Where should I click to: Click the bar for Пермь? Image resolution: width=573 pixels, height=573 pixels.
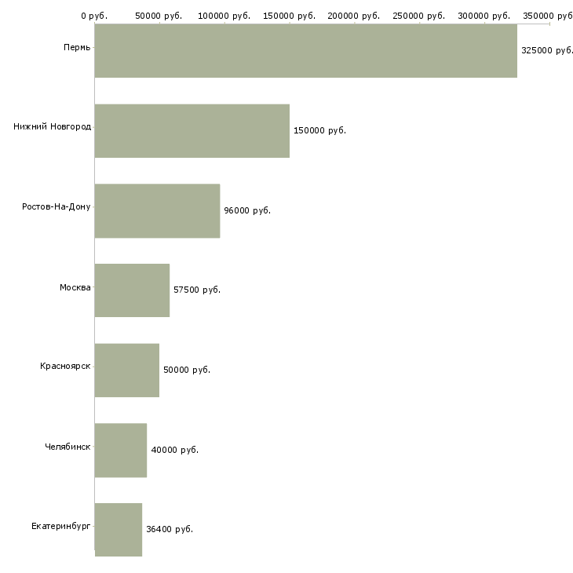(306, 51)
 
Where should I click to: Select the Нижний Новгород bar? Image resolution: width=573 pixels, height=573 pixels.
(192, 131)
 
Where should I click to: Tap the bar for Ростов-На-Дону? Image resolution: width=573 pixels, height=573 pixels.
(158, 211)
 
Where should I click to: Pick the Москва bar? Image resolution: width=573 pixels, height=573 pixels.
(133, 290)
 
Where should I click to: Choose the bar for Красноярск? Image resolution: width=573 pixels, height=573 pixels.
(127, 370)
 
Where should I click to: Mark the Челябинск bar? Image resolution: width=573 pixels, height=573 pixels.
(121, 451)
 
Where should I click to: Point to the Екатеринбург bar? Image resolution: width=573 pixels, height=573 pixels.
(119, 530)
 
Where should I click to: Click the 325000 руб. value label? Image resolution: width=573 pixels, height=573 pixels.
(546, 50)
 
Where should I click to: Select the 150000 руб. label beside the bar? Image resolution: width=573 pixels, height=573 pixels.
(319, 130)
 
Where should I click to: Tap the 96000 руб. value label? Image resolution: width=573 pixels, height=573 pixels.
(247, 210)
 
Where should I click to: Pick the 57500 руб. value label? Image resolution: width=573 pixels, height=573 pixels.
(197, 290)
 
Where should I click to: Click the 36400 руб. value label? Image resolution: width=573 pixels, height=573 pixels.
(170, 529)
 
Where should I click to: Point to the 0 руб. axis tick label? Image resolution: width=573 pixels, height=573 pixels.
(94, 16)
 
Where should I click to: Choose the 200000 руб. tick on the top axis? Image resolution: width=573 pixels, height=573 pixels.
(354, 16)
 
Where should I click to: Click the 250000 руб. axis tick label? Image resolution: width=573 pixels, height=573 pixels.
(419, 16)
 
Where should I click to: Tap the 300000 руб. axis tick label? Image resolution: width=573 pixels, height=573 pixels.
(484, 16)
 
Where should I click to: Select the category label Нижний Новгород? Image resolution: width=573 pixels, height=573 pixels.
(53, 126)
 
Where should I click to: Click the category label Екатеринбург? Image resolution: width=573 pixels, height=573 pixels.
(60, 526)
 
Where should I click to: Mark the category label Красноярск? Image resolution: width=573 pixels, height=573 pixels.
(65, 366)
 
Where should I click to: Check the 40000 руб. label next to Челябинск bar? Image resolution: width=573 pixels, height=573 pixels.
(175, 450)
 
